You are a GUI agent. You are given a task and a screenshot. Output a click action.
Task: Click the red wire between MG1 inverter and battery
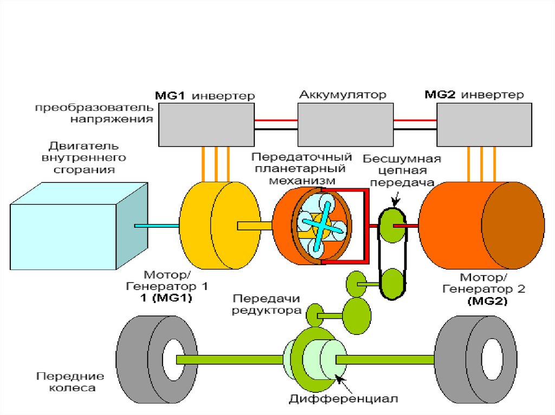pyautogui.click(x=276, y=120)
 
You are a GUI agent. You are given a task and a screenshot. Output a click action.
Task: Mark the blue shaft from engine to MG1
pyautogui.click(x=157, y=225)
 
